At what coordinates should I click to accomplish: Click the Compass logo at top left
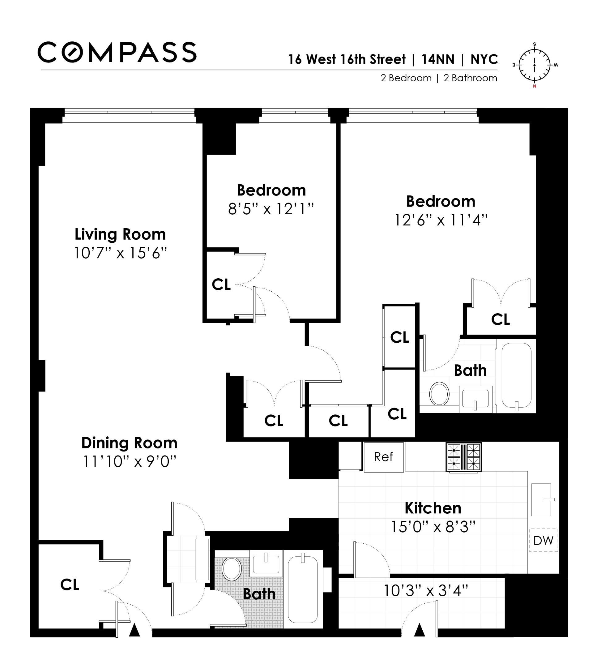click(117, 52)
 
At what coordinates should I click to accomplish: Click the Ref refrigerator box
click(383, 457)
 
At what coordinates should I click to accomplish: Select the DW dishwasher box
click(543, 540)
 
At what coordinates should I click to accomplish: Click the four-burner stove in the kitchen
click(463, 457)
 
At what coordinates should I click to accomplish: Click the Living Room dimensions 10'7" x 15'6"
click(120, 253)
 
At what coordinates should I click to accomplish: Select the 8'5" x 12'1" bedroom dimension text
click(271, 209)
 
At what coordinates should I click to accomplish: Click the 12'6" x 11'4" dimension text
click(441, 220)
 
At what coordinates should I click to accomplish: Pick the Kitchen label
click(433, 508)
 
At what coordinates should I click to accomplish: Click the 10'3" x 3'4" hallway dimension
click(426, 590)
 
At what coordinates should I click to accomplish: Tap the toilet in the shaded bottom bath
click(232, 569)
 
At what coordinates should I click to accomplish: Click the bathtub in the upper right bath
click(516, 376)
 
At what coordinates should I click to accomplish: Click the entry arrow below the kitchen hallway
click(420, 630)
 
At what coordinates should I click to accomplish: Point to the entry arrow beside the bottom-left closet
click(134, 630)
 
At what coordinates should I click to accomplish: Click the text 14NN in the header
click(437, 59)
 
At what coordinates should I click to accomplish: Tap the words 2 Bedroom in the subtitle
click(406, 78)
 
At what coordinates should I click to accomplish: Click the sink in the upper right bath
click(475, 399)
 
